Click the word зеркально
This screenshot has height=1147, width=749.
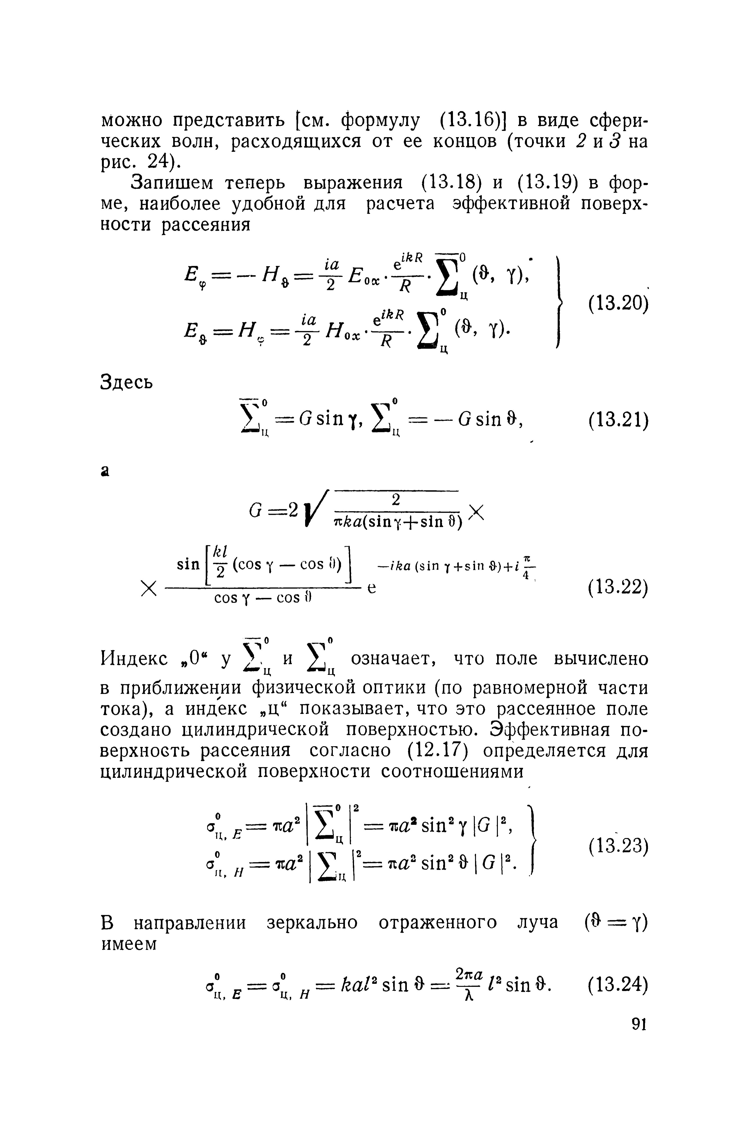tap(312, 922)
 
